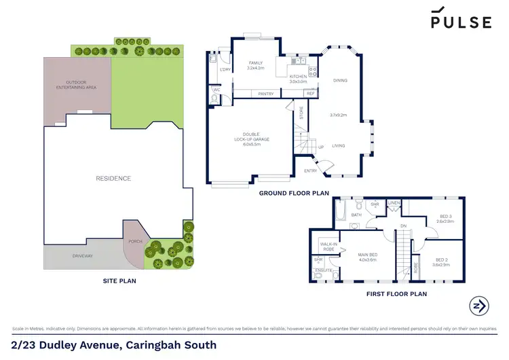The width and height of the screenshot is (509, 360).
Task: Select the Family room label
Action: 255,65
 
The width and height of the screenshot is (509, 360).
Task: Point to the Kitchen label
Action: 299,77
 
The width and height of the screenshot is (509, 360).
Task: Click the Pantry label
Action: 266,94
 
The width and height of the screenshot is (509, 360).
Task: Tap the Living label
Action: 337,145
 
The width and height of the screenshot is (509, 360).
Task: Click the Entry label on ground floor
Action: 311,170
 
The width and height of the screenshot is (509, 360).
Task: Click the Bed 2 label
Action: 441,261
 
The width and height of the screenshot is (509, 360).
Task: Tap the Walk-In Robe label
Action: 329,247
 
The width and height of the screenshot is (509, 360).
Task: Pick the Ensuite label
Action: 324,270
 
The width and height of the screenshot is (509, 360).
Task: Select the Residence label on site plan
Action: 113,178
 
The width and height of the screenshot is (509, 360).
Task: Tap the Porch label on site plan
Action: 134,241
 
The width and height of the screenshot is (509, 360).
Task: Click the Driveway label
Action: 83,255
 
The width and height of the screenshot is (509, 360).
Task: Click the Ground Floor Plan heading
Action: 293,194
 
